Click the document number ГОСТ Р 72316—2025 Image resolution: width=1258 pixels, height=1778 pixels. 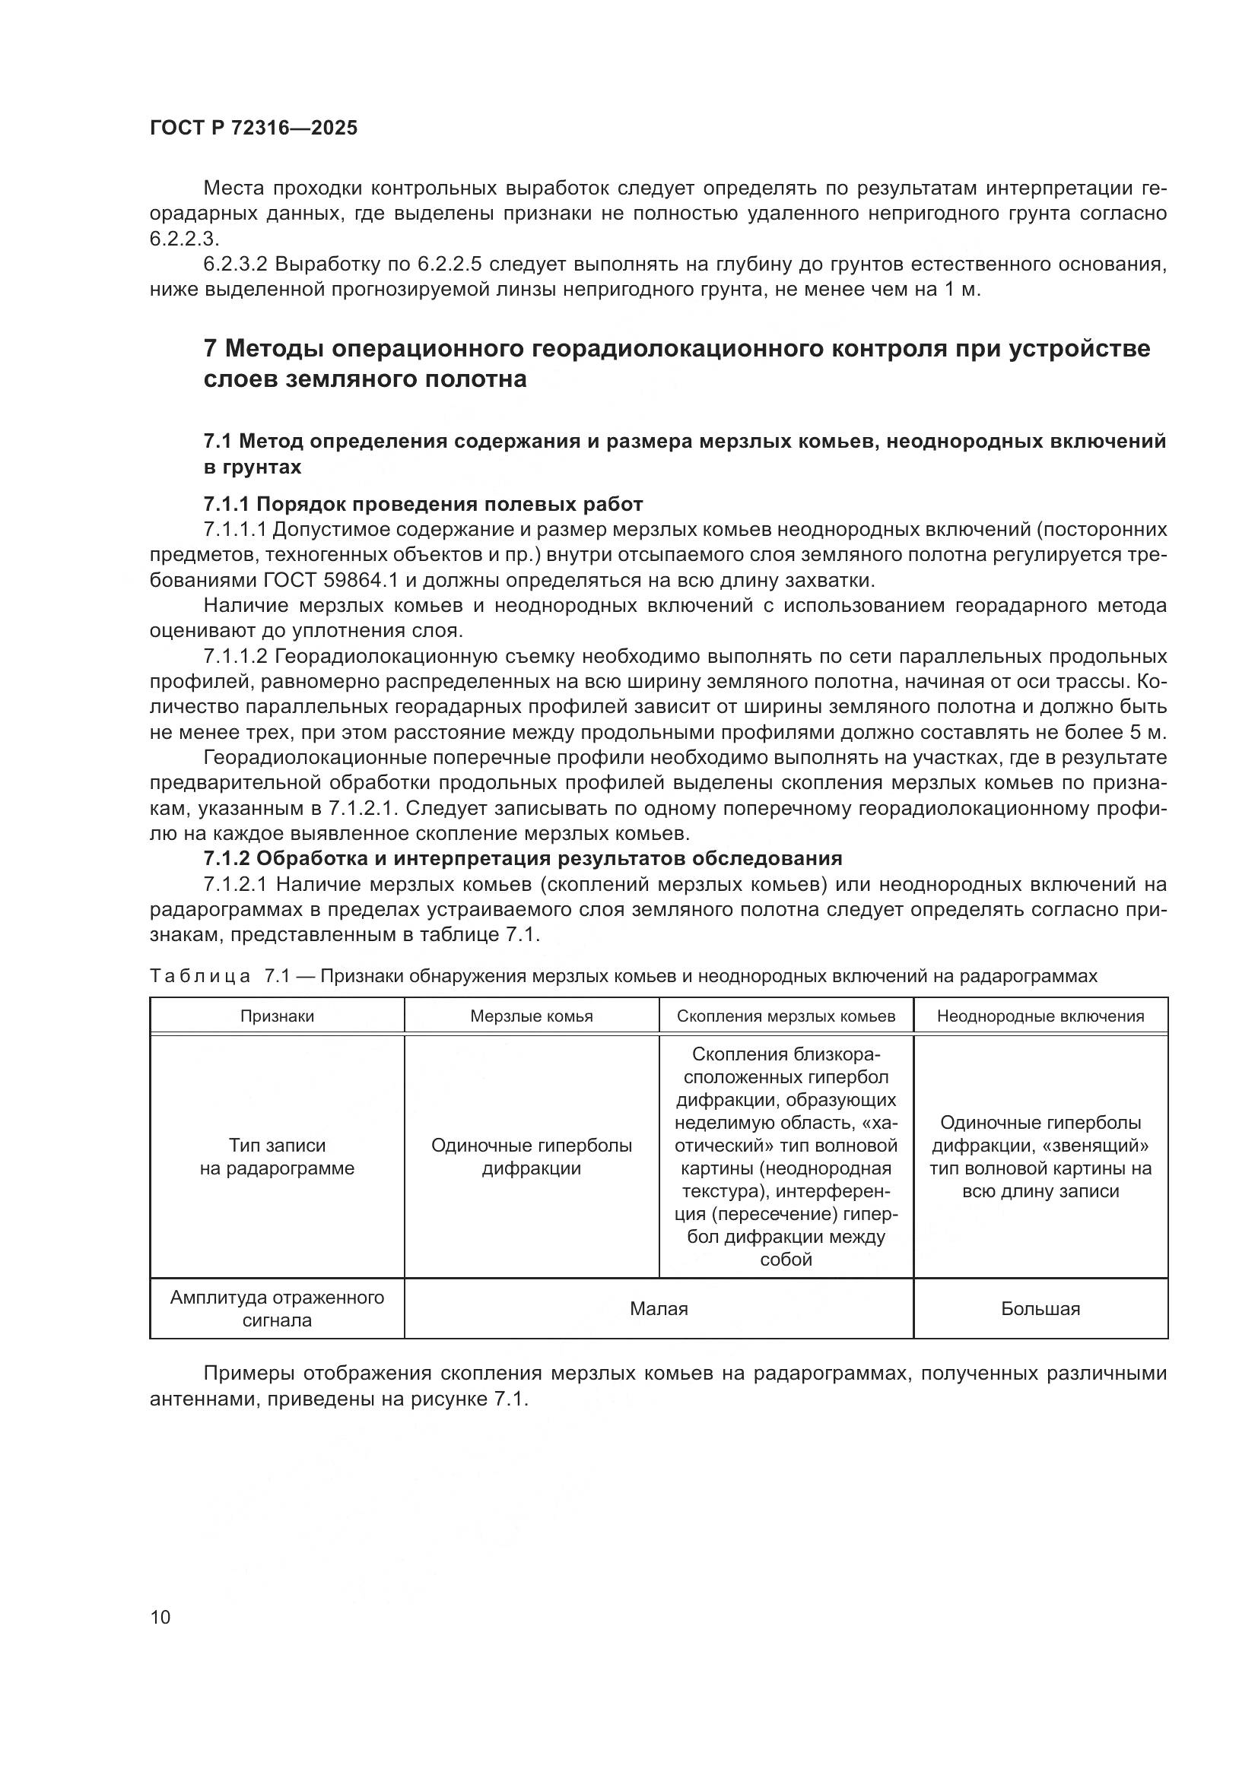pos(253,128)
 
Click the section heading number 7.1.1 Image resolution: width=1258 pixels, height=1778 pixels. pos(225,505)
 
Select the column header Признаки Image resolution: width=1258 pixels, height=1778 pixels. pos(277,1016)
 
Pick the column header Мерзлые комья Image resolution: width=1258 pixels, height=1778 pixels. pos(532,1016)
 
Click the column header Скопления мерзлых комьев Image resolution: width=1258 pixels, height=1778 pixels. pos(786,1016)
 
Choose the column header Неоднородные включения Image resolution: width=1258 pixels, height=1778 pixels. pos(1040,1016)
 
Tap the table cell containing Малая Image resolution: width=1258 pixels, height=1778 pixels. pos(659,1309)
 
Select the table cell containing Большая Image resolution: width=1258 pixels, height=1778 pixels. pos(1040,1309)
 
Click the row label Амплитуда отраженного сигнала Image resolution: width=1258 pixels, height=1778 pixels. pos(277,1309)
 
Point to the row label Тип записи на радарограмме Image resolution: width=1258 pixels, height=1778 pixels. pos(277,1156)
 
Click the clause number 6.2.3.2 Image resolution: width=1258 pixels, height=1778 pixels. pos(235,265)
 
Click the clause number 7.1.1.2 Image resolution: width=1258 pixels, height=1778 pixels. pos(235,657)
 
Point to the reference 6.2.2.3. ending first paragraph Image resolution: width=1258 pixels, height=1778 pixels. pos(184,239)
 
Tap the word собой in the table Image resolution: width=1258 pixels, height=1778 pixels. pos(786,1259)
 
